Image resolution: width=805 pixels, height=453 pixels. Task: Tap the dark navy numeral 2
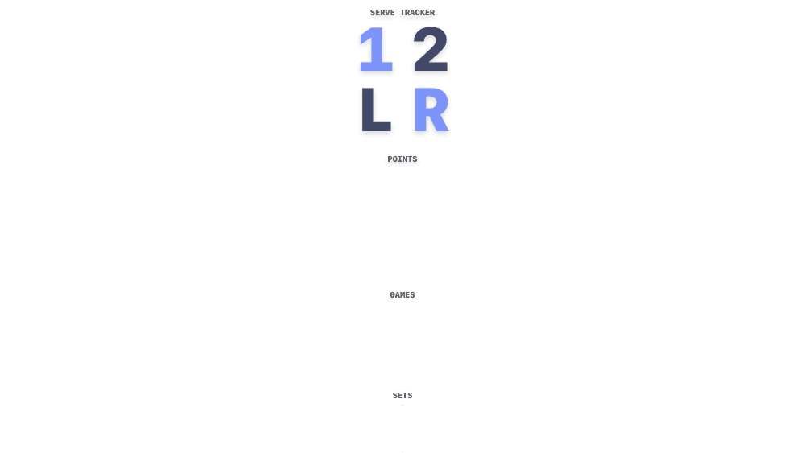click(x=431, y=49)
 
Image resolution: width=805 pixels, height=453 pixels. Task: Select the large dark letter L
click(x=376, y=109)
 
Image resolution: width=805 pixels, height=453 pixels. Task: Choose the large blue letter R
click(x=431, y=109)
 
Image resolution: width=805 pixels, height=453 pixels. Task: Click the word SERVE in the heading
click(x=382, y=13)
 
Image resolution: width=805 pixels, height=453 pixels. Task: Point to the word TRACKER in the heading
click(x=417, y=13)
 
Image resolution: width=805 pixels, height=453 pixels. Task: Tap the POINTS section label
click(x=402, y=159)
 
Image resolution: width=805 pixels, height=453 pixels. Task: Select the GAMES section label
click(x=402, y=295)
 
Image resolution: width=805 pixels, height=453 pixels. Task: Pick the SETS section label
click(x=402, y=396)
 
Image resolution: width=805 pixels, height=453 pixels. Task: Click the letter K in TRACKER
click(x=423, y=13)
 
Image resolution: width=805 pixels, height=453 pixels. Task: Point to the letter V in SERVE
click(x=388, y=13)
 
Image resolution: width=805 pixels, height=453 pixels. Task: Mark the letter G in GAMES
click(x=393, y=295)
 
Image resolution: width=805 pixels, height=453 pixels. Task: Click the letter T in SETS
click(x=405, y=396)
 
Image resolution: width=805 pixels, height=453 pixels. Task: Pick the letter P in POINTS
click(x=390, y=159)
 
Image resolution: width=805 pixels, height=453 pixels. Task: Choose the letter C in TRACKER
click(x=417, y=13)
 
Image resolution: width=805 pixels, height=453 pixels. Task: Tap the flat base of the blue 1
click(x=376, y=68)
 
